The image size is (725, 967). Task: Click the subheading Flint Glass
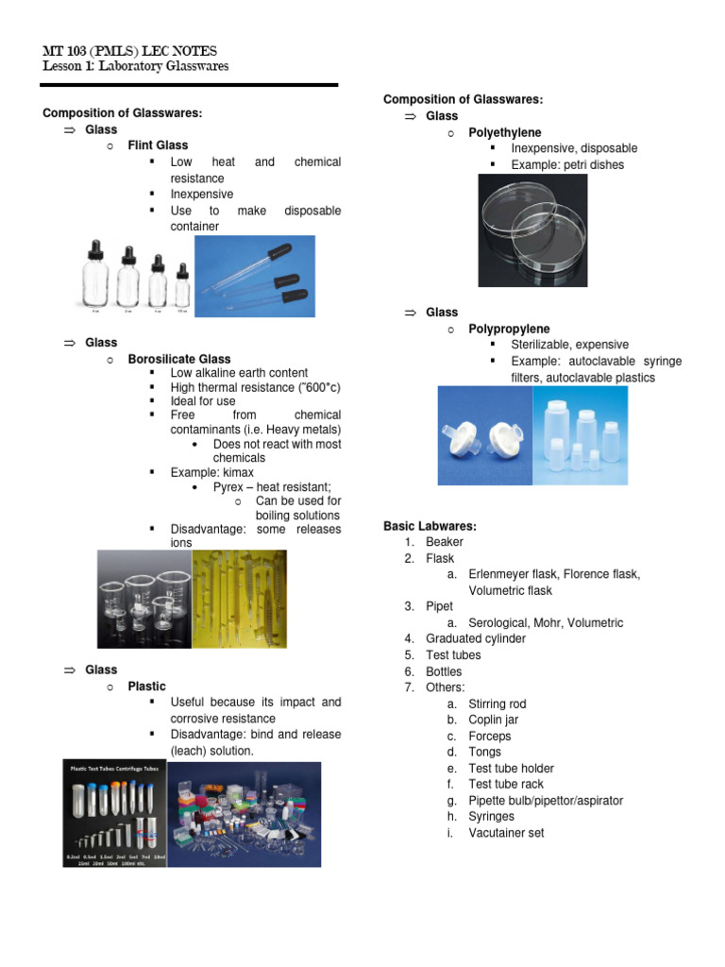pos(158,145)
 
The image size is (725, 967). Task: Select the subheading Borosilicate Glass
pos(179,359)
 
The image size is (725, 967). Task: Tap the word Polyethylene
pos(505,132)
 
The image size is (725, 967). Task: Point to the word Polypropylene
pos(510,329)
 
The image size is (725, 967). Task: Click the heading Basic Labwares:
pos(430,526)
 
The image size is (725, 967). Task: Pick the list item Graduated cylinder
pos(476,639)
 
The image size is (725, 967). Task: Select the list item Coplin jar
pos(494,720)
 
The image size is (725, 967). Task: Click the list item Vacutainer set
pos(506,833)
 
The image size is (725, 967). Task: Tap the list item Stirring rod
pos(497,704)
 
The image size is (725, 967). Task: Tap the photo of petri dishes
pos(533,231)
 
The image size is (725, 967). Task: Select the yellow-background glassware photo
pos(239,599)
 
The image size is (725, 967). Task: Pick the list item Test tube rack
pos(506,784)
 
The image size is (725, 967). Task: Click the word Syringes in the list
pos(492,817)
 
